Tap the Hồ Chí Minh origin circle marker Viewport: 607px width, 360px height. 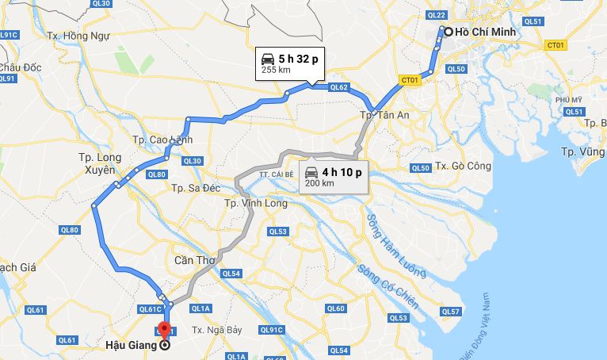[x=448, y=32]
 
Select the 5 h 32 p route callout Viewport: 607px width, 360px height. [x=289, y=63]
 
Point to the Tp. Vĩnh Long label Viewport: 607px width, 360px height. [x=256, y=202]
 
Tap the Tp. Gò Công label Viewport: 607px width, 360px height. [x=465, y=166]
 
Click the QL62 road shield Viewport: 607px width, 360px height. [x=338, y=87]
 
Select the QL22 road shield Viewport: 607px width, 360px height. [x=436, y=15]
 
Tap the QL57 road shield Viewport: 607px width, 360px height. [x=450, y=312]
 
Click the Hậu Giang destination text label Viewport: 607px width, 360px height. [x=131, y=345]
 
